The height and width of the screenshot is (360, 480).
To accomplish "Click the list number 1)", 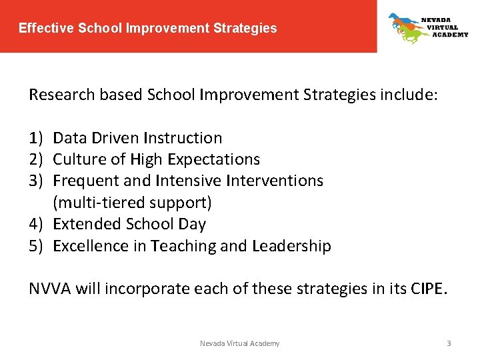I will [36, 138].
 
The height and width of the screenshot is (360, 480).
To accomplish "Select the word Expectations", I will [214, 159].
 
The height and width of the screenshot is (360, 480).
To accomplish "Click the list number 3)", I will [36, 181].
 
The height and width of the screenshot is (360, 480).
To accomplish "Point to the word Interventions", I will [274, 181].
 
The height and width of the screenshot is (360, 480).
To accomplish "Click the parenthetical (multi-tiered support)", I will [132, 202].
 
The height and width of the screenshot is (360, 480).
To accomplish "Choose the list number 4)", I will [36, 224].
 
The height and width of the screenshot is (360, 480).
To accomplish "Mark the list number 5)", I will [36, 246].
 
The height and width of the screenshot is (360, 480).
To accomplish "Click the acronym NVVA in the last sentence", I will [50, 289].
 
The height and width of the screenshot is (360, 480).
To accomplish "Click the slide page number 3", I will [449, 343].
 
